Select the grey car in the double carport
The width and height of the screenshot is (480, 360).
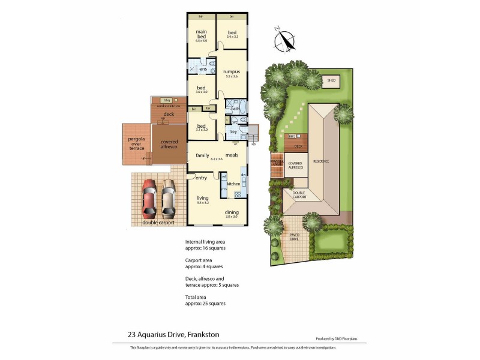click(x=168, y=199)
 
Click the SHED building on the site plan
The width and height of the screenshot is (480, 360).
click(x=331, y=80)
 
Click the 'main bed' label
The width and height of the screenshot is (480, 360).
click(x=201, y=34)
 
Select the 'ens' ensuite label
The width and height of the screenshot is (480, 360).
click(x=203, y=70)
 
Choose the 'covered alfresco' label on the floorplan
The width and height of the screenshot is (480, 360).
click(x=169, y=143)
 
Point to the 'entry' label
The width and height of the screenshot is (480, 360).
click(x=200, y=178)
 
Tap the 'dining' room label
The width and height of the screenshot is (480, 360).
click(x=233, y=212)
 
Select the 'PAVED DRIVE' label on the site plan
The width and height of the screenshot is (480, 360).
click(x=294, y=237)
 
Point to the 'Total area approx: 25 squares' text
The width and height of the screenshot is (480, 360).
click(x=205, y=301)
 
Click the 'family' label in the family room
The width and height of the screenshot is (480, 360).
click(x=202, y=155)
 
